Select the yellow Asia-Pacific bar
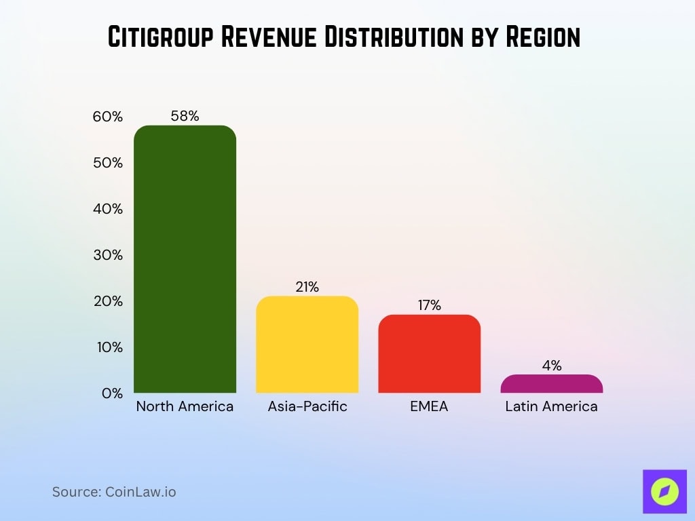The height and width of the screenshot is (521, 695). (307, 345)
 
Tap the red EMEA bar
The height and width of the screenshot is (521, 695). (429, 353)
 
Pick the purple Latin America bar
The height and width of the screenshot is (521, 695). (551, 384)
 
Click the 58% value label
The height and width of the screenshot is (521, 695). (185, 116)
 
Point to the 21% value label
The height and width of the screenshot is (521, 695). (307, 287)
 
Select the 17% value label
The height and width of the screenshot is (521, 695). (429, 305)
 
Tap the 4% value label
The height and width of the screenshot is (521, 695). (551, 366)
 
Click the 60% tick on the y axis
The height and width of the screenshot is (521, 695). (108, 117)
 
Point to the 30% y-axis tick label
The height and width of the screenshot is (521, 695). (108, 255)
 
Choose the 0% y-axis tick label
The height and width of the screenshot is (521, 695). (112, 393)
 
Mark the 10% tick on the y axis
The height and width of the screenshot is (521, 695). (108, 347)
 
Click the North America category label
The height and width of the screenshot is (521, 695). (185, 406)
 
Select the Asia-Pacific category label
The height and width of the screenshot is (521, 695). (307, 406)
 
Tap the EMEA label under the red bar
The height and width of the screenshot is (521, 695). (429, 406)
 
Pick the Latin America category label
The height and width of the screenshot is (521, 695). (551, 406)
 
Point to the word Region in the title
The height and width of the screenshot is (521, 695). (544, 37)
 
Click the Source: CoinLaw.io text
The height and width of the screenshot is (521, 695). (114, 492)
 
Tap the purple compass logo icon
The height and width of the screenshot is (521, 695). (664, 491)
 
